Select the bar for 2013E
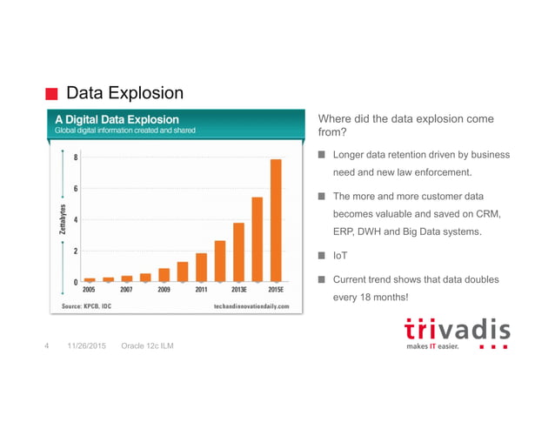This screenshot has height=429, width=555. [x=238, y=252]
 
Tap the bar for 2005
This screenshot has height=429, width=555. [x=90, y=279]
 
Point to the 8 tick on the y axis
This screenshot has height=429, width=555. [x=76, y=158]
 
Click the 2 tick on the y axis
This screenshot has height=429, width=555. [x=76, y=251]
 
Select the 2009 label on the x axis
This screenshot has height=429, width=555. [x=164, y=290]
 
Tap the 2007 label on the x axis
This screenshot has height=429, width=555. [x=127, y=290]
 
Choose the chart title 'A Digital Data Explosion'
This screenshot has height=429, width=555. [x=117, y=118]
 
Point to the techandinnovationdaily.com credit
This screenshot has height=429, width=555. [x=251, y=306]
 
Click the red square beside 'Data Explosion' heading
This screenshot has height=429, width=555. [x=52, y=93]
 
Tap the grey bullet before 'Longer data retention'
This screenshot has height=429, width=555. [x=321, y=155]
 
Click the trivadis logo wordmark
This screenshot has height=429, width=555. [x=458, y=330]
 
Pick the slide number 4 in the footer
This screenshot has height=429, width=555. [x=47, y=346]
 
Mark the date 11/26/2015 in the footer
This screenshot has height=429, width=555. [x=84, y=346]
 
